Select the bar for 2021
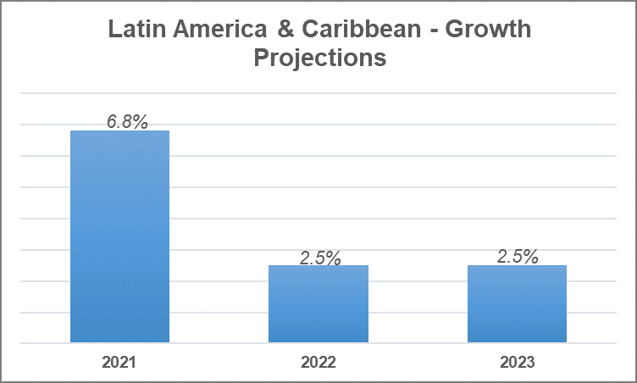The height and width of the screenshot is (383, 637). (119, 236)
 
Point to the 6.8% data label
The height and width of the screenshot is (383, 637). (127, 122)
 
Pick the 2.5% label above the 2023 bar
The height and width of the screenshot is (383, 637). (518, 257)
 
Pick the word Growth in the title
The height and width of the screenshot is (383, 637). (488, 31)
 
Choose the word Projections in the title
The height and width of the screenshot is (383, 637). (318, 58)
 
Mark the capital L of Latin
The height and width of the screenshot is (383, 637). (113, 31)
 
